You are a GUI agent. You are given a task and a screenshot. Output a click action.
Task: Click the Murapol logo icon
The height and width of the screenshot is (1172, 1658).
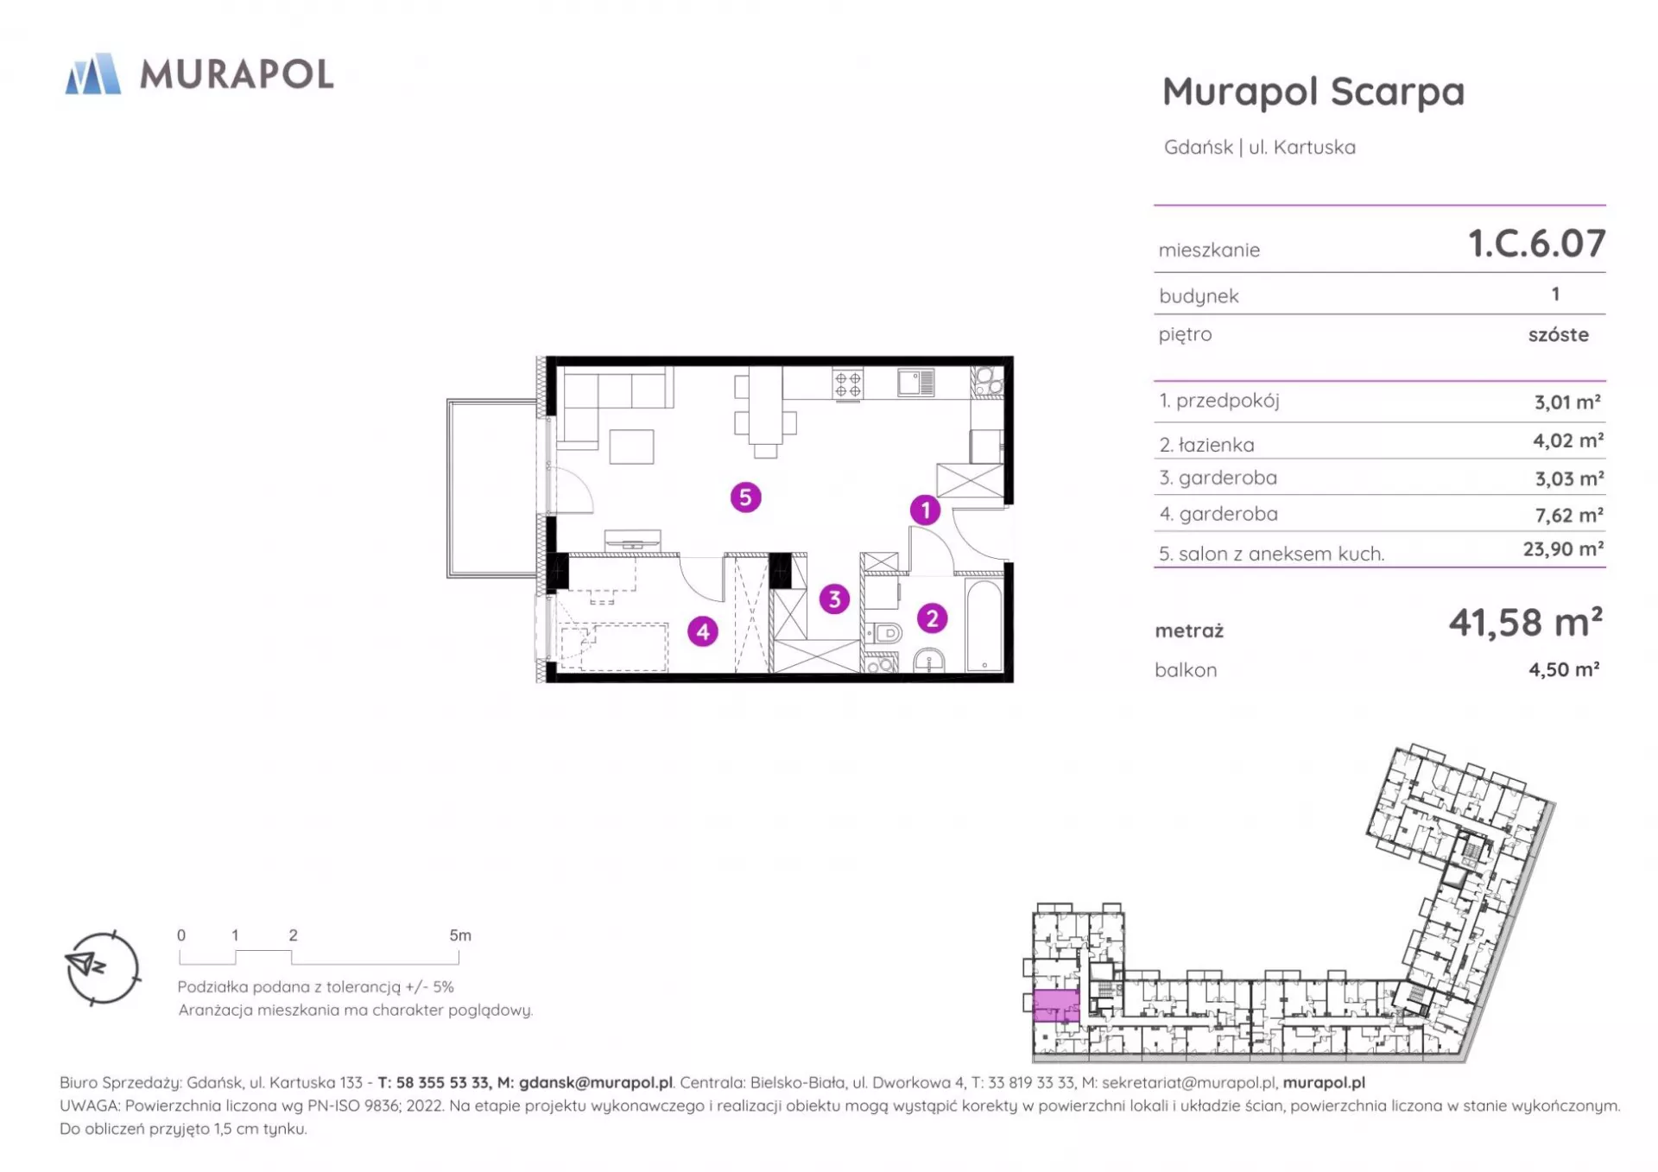click(x=93, y=73)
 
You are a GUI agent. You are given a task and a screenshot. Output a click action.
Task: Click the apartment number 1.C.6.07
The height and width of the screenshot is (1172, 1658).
click(x=1537, y=244)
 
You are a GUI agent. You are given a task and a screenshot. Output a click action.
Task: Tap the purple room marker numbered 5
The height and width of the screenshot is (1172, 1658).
click(x=745, y=497)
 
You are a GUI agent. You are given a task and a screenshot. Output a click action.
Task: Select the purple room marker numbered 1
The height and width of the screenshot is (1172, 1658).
click(x=925, y=510)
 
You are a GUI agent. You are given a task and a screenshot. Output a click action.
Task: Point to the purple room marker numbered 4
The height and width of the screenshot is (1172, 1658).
click(x=703, y=631)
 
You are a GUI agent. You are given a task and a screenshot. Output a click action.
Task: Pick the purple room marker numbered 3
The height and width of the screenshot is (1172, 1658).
click(x=834, y=599)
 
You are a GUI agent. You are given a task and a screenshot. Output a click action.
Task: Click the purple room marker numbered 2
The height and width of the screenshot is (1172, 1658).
click(x=932, y=618)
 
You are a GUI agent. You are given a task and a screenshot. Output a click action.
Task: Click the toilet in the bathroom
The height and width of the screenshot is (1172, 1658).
click(x=883, y=634)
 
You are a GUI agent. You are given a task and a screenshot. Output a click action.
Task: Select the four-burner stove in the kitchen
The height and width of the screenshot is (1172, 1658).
click(x=847, y=383)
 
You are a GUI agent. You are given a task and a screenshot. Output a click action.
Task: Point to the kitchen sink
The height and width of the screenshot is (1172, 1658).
click(x=915, y=382)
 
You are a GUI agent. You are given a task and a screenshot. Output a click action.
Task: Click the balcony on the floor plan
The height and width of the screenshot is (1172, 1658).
click(x=492, y=488)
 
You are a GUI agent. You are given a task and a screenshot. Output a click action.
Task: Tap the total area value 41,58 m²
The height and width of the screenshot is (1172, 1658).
click(x=1525, y=622)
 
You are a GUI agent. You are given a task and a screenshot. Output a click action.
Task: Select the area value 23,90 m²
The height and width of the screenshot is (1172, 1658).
click(x=1563, y=549)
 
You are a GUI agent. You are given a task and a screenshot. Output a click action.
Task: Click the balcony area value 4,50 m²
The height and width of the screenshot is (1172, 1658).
click(x=1564, y=669)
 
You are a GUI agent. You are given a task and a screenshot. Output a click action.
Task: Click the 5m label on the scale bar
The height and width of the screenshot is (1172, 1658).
click(x=460, y=935)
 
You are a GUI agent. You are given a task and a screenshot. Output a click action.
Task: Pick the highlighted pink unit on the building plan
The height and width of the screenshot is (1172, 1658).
click(x=1056, y=1005)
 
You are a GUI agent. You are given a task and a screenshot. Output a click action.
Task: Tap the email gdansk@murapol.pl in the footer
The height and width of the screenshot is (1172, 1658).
click(x=596, y=1083)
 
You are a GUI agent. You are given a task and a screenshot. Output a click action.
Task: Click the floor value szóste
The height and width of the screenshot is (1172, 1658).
click(x=1558, y=335)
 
